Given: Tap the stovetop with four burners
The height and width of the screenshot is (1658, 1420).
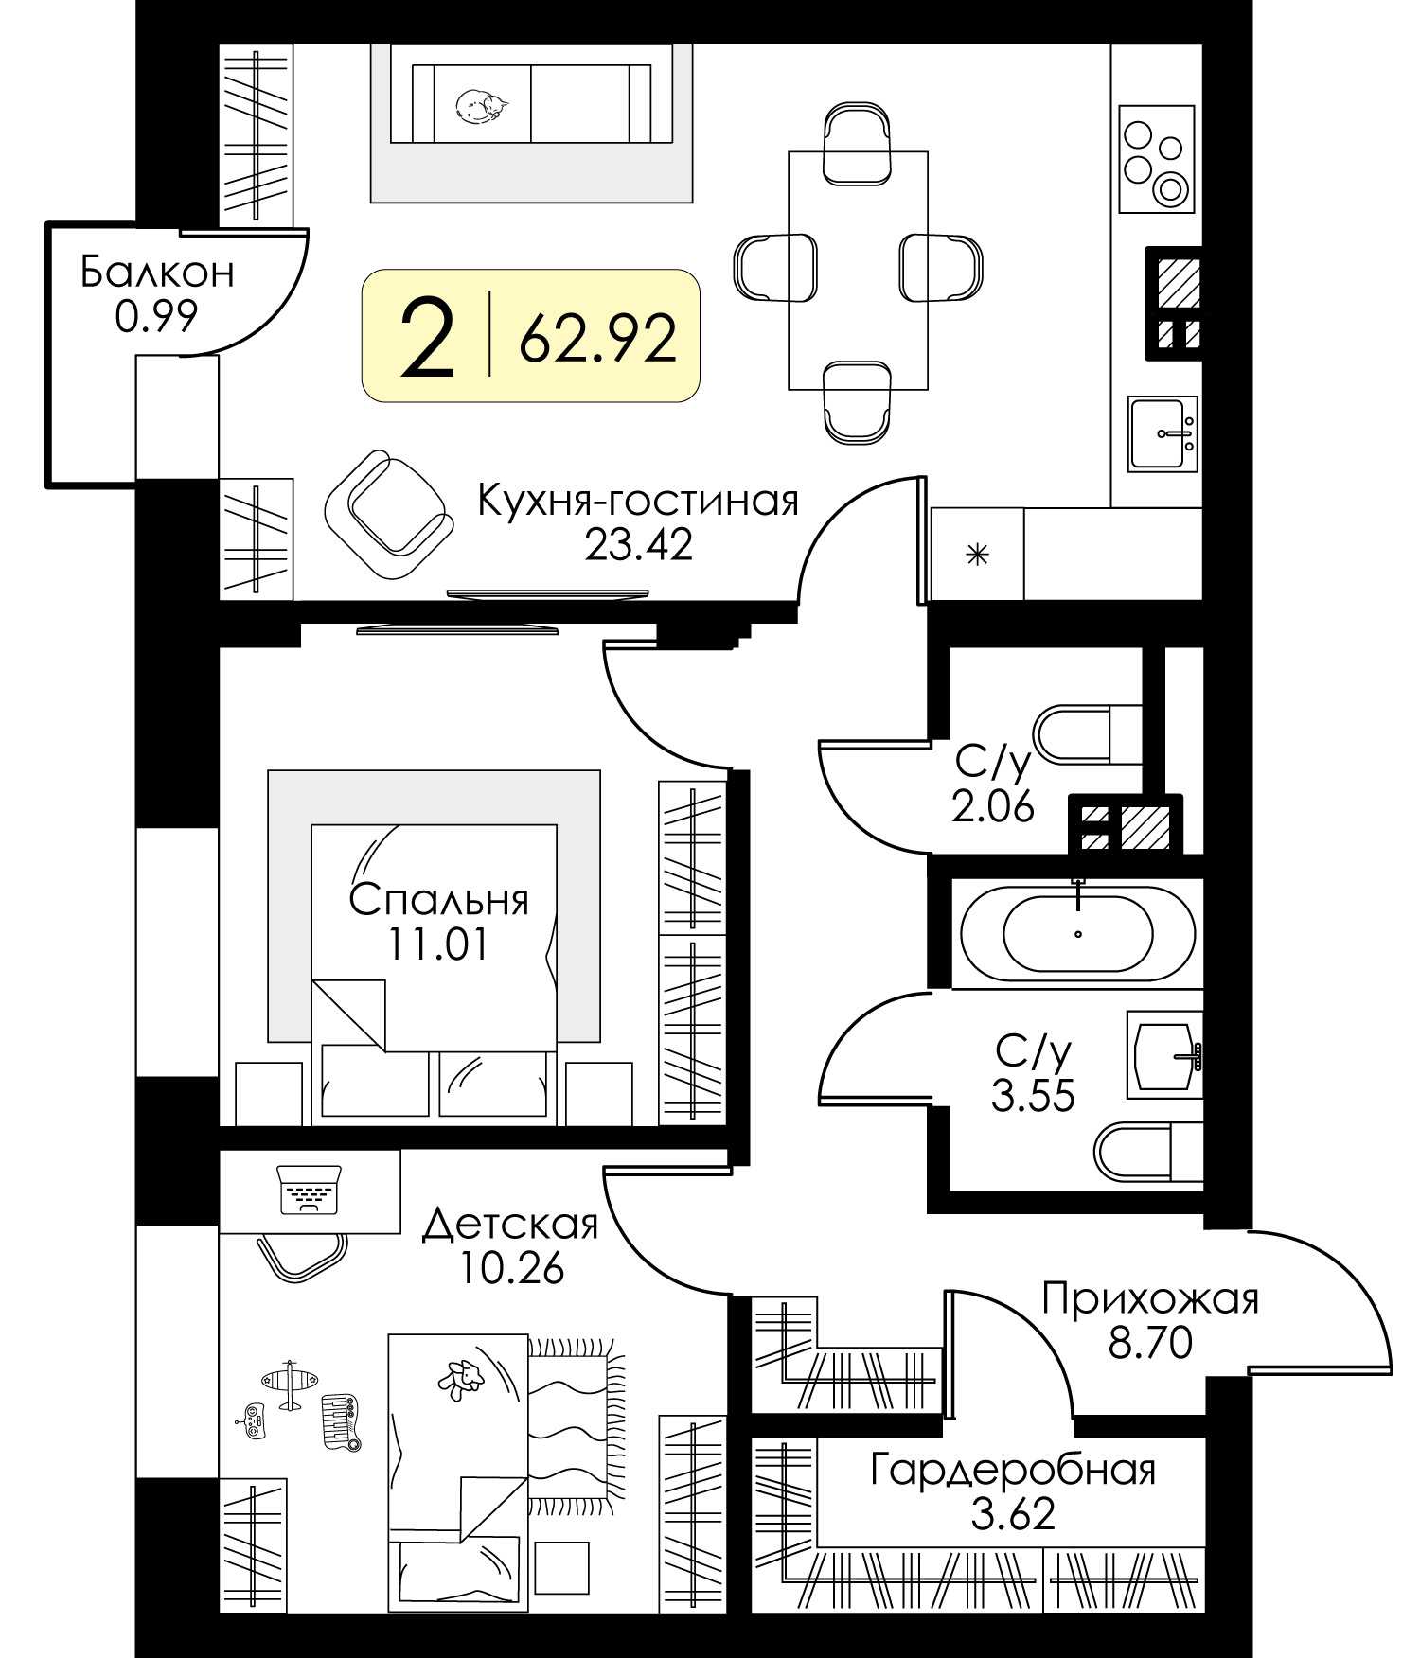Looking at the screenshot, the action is (1157, 159).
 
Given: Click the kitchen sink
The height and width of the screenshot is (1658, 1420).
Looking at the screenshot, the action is (1163, 433).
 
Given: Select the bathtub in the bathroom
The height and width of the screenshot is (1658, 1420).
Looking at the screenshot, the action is (1077, 932).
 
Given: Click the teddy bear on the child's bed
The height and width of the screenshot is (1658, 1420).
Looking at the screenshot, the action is (461, 1380).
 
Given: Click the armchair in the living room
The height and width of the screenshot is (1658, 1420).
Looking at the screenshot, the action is (386, 515).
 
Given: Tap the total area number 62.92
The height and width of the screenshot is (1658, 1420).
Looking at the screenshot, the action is (597, 338).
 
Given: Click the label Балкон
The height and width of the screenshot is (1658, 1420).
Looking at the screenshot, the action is (157, 273).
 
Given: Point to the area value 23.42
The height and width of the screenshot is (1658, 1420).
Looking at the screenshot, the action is (638, 544).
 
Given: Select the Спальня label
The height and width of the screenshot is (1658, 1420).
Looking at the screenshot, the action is (438, 900).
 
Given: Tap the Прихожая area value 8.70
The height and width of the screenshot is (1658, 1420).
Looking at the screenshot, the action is (1150, 1342).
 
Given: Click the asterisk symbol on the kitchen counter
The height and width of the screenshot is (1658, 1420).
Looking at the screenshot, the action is (977, 554).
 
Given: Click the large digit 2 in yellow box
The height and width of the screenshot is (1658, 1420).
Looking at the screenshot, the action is (427, 336).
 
